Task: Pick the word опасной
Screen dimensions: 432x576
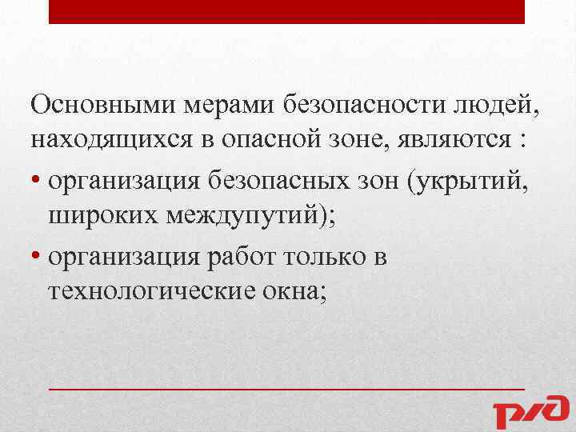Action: point(270,142)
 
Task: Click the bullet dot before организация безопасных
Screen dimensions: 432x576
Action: point(36,182)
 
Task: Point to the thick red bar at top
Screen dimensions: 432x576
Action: point(286,11)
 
